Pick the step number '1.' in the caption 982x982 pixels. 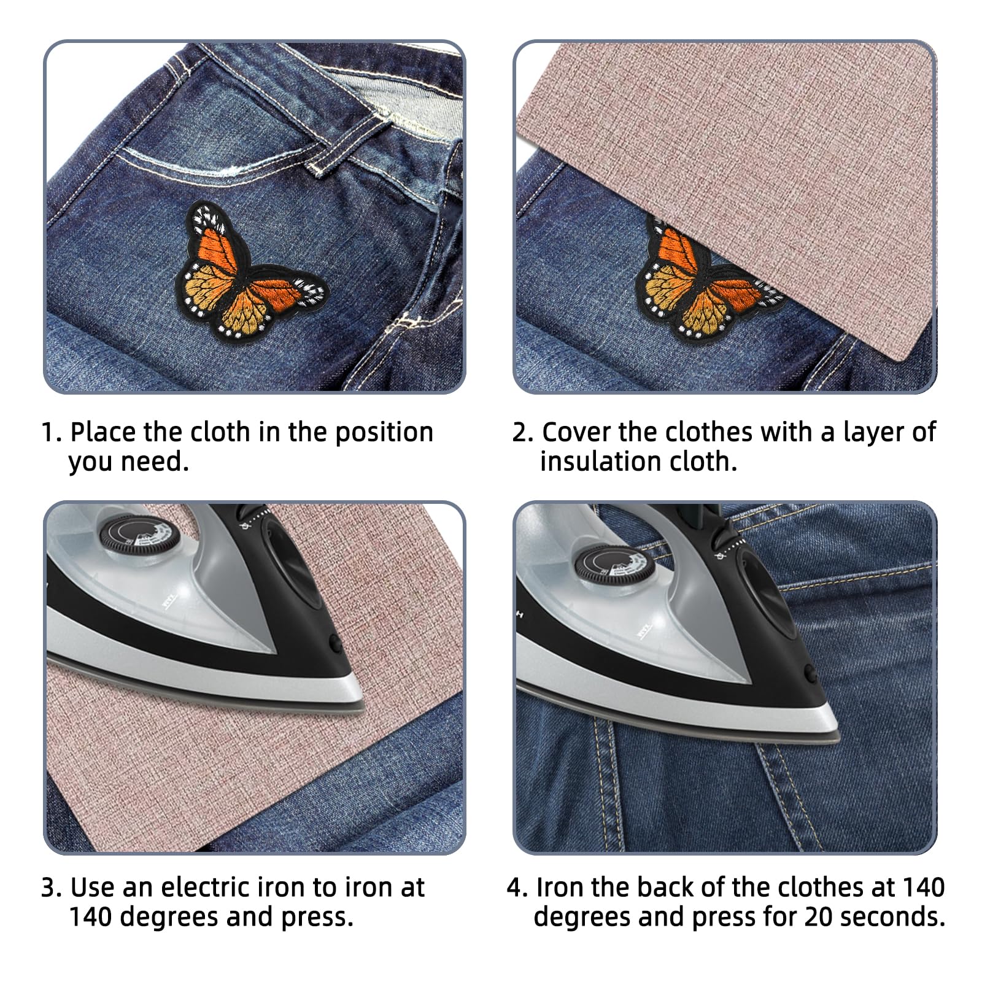pyautogui.click(x=52, y=433)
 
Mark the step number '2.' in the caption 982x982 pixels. pyautogui.click(x=523, y=433)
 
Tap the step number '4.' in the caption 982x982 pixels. pyautogui.click(x=517, y=888)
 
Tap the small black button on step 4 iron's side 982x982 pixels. pyautogui.click(x=811, y=674)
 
